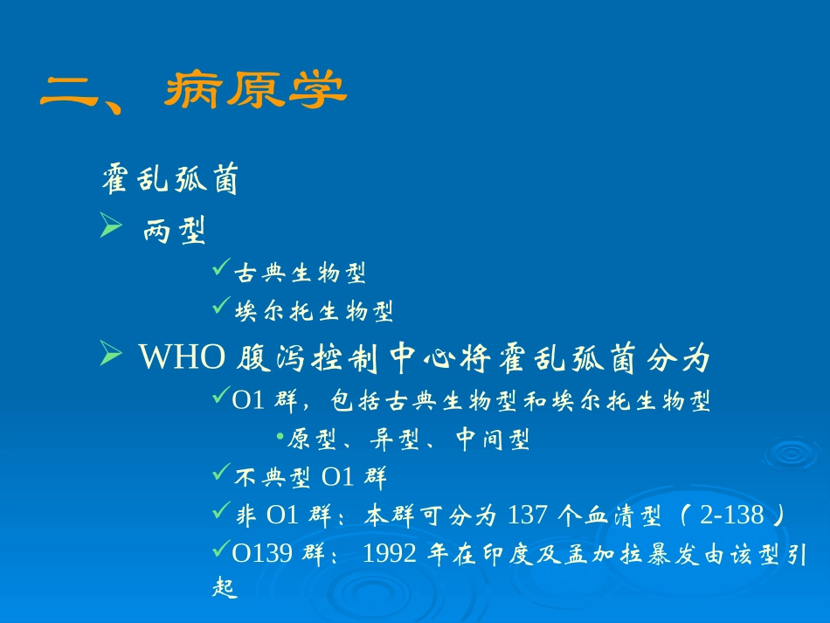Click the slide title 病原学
click(255, 90)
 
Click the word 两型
click(174, 232)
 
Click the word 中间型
click(493, 440)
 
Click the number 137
click(527, 516)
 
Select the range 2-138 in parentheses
click(732, 516)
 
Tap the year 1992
click(391, 555)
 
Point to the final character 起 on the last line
click(225, 588)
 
